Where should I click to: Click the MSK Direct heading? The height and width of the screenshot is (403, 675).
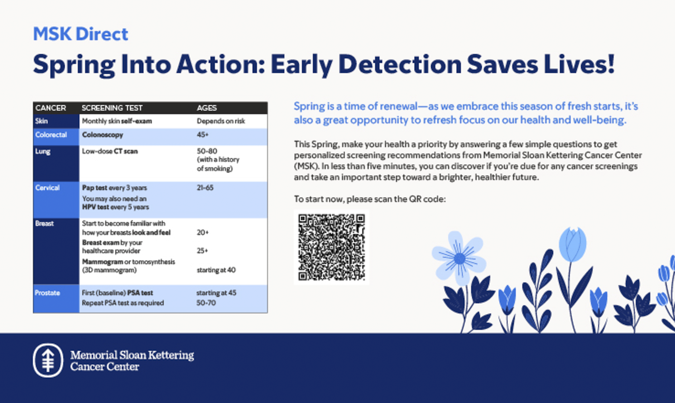pyautogui.click(x=81, y=34)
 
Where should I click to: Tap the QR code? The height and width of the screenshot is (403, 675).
pyautogui.click(x=331, y=247)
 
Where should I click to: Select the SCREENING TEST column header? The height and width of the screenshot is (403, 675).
pyautogui.click(x=112, y=108)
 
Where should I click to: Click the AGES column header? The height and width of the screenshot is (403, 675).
pyautogui.click(x=207, y=108)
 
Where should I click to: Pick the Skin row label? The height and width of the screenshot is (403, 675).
pyautogui.click(x=41, y=121)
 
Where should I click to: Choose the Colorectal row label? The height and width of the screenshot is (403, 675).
pyautogui.click(x=51, y=135)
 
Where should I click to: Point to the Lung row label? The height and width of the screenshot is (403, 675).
pyautogui.click(x=43, y=151)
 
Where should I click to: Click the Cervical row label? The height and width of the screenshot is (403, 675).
pyautogui.click(x=47, y=188)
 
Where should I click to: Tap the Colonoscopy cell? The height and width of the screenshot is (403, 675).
pyautogui.click(x=102, y=135)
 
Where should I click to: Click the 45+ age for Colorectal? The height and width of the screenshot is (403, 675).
pyautogui.click(x=202, y=135)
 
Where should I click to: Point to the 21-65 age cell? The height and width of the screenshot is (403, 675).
pyautogui.click(x=205, y=188)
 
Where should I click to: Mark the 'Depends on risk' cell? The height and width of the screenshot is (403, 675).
pyautogui.click(x=221, y=121)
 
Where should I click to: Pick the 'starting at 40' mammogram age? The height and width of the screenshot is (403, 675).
pyautogui.click(x=216, y=270)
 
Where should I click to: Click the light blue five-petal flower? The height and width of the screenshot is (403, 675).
pyautogui.click(x=459, y=258)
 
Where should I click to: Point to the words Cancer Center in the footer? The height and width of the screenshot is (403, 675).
pyautogui.click(x=105, y=367)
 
